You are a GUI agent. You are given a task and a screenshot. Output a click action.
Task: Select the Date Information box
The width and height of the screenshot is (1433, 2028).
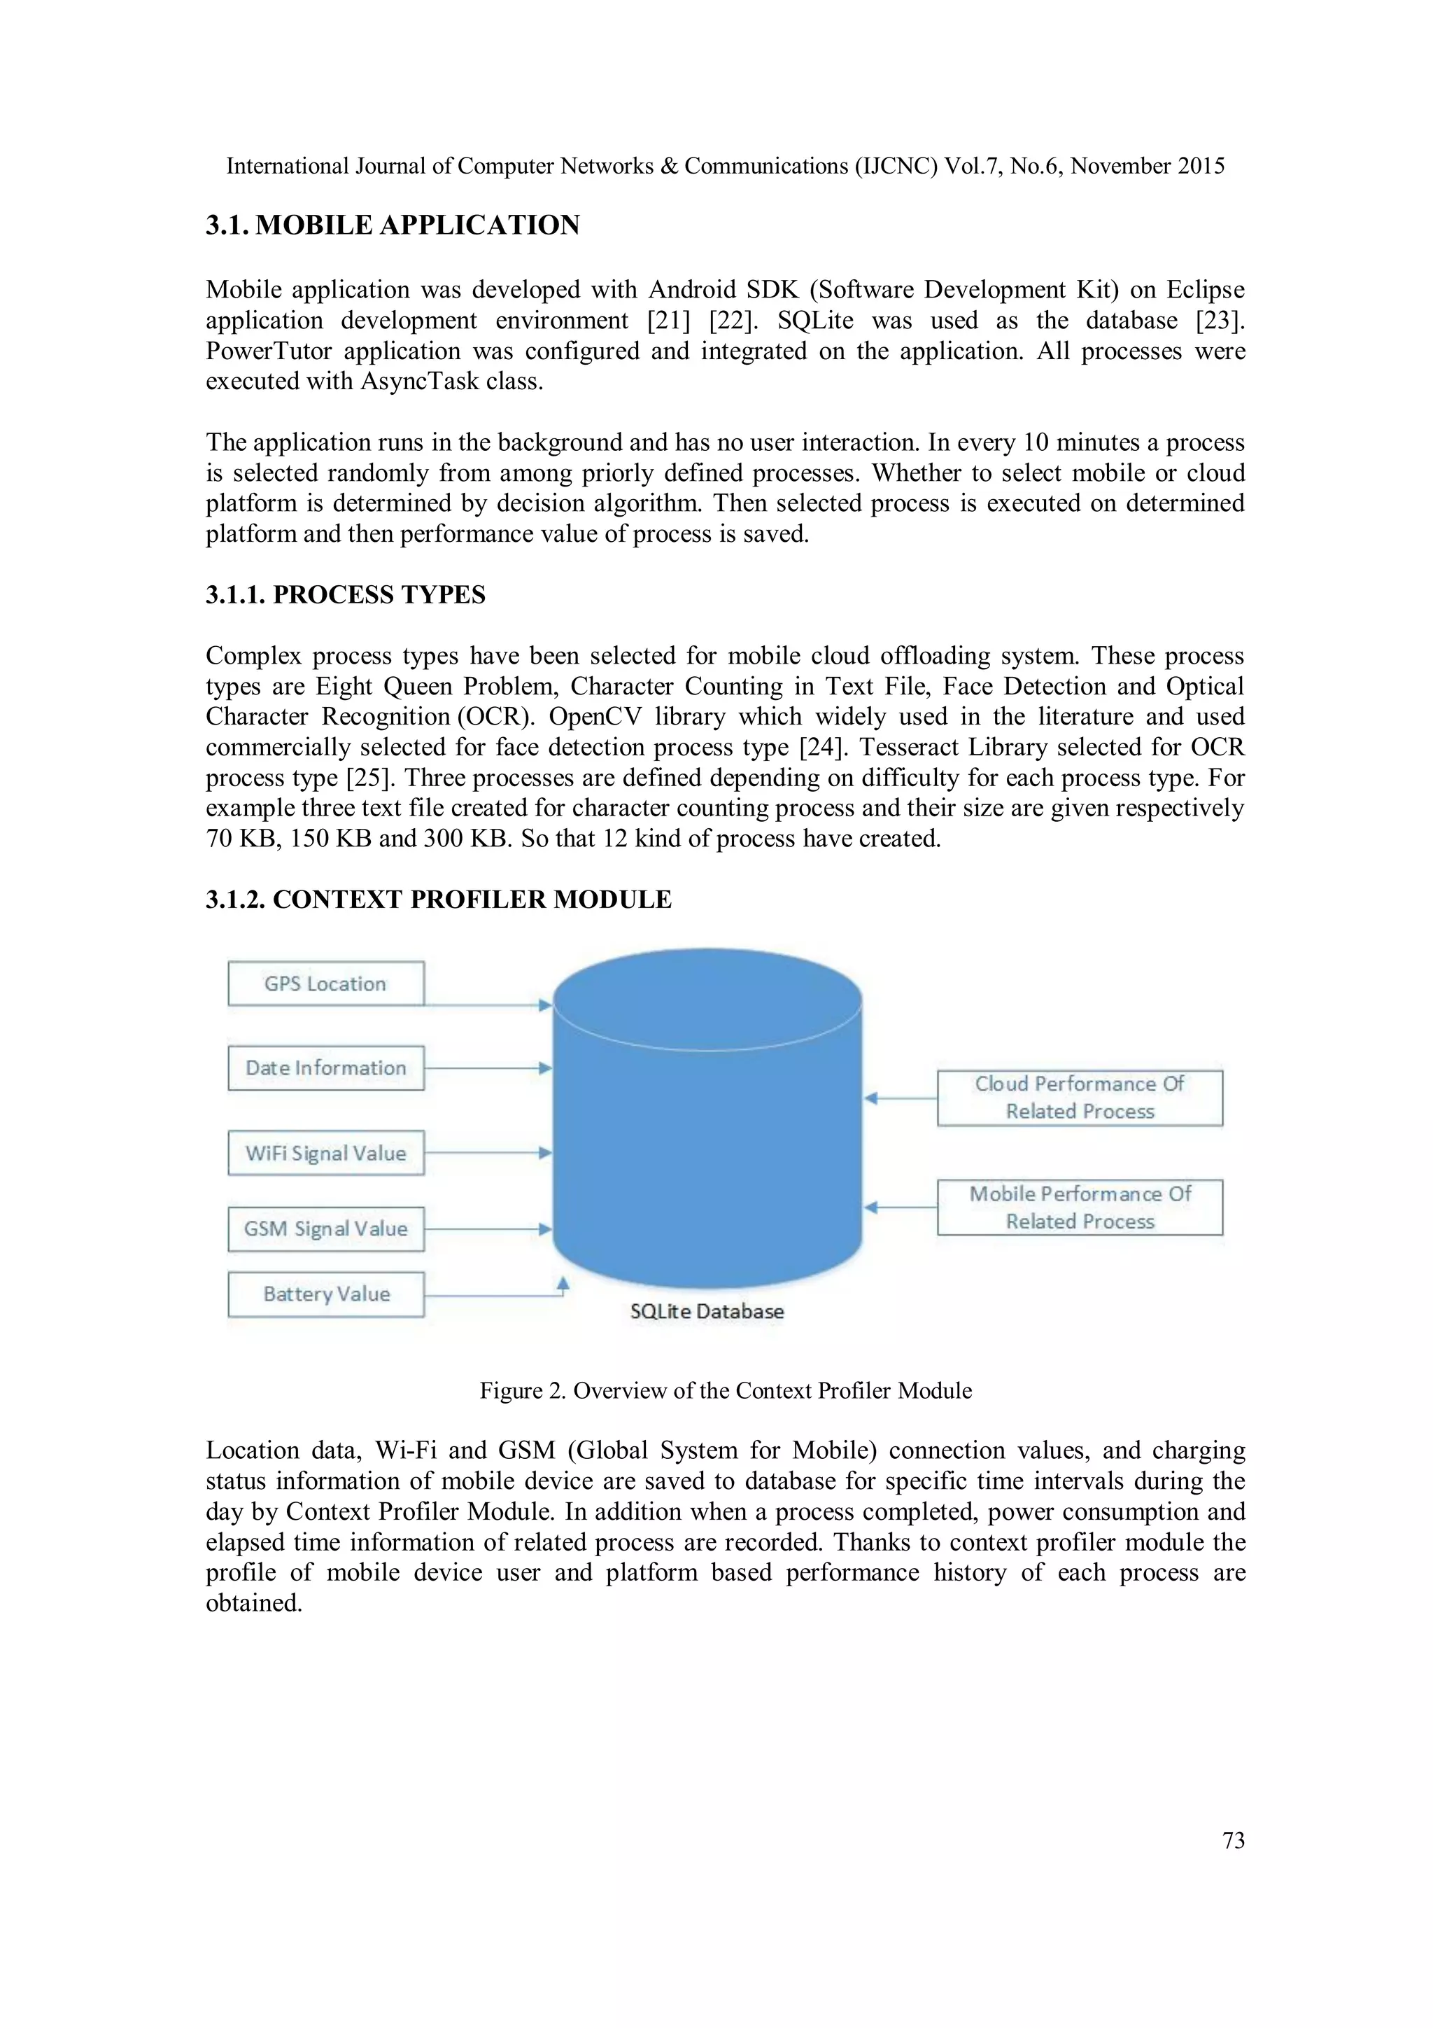pos(326,1067)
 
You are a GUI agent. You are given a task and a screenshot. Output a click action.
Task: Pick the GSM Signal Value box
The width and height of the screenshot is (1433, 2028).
pos(326,1228)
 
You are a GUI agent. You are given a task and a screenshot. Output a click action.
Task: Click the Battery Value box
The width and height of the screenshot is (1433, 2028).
pos(326,1293)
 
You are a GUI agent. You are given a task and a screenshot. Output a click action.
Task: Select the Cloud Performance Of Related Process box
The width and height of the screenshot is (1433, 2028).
pos(1079,1097)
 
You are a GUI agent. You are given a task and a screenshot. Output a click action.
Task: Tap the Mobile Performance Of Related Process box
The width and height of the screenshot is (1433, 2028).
pos(1079,1207)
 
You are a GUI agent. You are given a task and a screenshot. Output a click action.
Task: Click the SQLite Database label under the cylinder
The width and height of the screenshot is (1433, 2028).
pos(706,1310)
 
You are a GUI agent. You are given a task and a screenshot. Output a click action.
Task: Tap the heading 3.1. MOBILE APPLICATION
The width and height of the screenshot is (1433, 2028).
pos(393,225)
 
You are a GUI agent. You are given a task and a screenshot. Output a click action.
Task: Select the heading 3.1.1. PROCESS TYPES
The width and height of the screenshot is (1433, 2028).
pos(345,594)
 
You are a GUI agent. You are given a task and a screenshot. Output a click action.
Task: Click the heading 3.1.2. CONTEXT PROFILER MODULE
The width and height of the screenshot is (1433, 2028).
pos(438,899)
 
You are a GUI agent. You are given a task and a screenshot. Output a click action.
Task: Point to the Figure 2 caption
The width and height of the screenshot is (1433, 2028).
pos(725,1390)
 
